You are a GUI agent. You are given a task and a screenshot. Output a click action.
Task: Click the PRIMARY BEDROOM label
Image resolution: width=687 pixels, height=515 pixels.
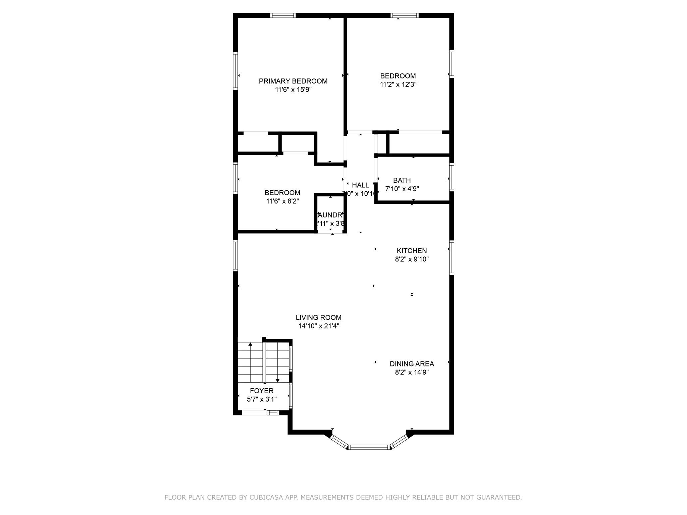(293, 81)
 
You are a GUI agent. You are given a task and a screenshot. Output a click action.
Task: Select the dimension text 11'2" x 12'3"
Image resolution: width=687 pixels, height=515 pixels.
(398, 84)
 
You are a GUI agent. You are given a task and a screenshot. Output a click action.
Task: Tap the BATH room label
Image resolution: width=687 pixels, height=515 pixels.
(402, 180)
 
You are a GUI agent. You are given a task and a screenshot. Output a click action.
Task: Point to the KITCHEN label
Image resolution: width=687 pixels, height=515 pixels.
(412, 251)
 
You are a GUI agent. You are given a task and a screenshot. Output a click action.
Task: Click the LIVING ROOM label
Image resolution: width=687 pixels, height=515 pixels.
(318, 318)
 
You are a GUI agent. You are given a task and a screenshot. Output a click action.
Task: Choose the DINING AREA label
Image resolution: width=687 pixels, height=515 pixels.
(412, 364)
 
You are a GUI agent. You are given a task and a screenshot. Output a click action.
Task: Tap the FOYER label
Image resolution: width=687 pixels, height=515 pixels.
(262, 391)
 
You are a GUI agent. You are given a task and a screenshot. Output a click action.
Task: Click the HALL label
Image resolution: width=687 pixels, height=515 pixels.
(360, 185)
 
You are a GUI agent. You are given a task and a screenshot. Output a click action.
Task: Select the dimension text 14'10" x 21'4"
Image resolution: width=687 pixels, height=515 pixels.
(318, 326)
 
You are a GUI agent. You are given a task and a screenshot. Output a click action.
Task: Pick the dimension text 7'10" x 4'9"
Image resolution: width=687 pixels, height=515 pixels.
(402, 189)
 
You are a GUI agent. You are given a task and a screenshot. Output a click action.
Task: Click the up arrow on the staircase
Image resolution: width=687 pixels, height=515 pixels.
(250, 344)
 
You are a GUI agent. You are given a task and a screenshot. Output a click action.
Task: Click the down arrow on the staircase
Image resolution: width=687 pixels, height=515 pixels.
(277, 380)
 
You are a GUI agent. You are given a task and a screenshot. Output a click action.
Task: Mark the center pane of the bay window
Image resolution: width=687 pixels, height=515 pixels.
(369, 447)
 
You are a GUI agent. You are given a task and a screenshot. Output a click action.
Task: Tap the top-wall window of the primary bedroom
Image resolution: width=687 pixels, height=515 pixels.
(283, 15)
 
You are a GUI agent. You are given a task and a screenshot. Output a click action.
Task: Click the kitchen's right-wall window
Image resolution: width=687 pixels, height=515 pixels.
(452, 257)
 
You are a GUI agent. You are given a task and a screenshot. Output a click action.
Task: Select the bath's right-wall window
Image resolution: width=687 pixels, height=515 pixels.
(452, 177)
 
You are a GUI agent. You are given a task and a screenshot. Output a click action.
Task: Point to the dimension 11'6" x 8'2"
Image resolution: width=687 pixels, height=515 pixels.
(282, 201)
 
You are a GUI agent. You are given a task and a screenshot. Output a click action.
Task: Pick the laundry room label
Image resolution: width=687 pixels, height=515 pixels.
(331, 215)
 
